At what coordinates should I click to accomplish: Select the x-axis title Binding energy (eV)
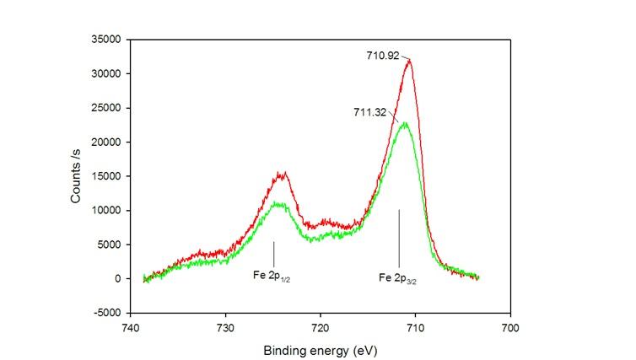(320, 350)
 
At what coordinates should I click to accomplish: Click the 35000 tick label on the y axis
(105, 40)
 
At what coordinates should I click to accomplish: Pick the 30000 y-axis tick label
(105, 73)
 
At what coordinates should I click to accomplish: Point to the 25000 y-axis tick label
(105, 108)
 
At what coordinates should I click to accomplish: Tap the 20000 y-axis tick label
(105, 142)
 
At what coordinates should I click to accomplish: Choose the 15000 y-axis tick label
(105, 176)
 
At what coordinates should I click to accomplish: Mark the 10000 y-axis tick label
(105, 210)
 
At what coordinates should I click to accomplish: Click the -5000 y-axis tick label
(107, 313)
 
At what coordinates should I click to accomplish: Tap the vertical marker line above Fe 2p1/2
(273, 252)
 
